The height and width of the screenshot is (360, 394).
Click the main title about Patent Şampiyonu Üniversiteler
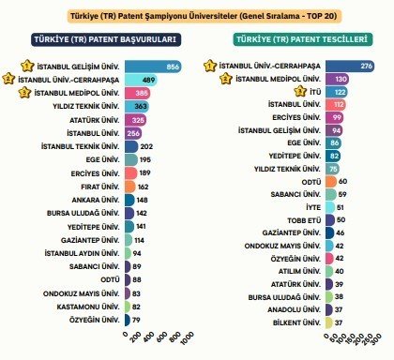pos(196,17)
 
